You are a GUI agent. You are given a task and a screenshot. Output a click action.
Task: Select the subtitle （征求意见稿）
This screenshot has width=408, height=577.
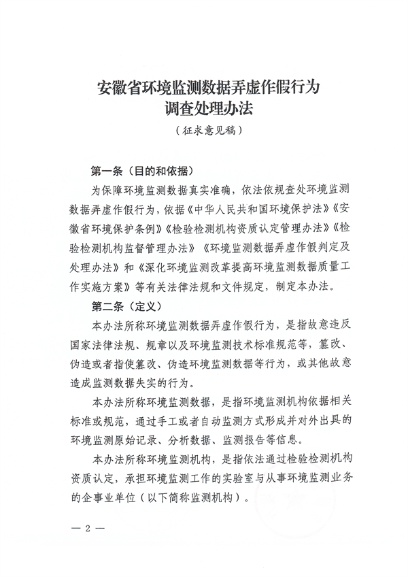(204, 129)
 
